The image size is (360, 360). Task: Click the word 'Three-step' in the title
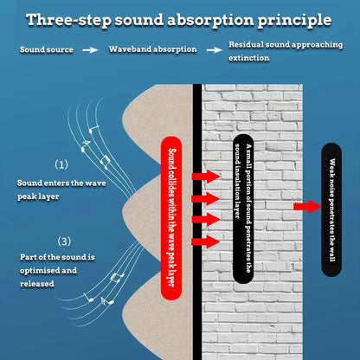[68, 20]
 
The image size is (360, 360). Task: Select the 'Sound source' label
[47, 49]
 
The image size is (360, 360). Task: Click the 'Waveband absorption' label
[153, 49]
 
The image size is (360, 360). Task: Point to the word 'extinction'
[248, 58]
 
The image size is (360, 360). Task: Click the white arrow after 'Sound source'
[90, 50]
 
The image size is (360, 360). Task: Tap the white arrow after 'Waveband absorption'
[215, 50]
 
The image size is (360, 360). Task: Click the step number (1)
[61, 164]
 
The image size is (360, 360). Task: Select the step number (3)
[64, 241]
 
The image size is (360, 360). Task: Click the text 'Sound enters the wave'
[61, 183]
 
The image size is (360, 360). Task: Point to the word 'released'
[37, 284]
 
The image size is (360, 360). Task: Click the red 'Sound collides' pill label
[171, 218]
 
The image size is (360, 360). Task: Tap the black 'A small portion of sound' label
[243, 209]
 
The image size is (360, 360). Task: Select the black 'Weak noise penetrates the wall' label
[331, 209]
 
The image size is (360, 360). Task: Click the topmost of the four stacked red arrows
[206, 177]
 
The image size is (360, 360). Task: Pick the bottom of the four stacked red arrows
[206, 241]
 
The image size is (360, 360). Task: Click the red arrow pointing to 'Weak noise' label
[307, 207]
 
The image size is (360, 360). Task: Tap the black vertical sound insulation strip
[197, 222]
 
